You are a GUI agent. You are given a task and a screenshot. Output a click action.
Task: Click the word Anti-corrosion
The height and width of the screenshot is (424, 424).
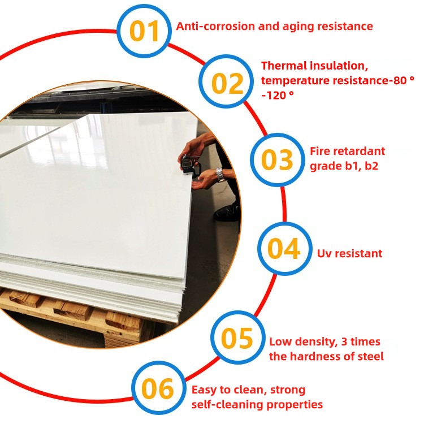215,26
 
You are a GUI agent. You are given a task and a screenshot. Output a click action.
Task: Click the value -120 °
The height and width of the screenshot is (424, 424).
278,95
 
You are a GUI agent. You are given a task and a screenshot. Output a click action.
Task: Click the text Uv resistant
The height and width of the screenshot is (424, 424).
349,254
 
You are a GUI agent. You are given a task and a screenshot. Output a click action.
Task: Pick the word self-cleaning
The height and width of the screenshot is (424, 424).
227,405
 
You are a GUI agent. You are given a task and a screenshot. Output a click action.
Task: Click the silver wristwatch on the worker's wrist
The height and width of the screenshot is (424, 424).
220,175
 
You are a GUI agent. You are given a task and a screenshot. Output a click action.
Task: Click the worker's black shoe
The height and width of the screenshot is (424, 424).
226,213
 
